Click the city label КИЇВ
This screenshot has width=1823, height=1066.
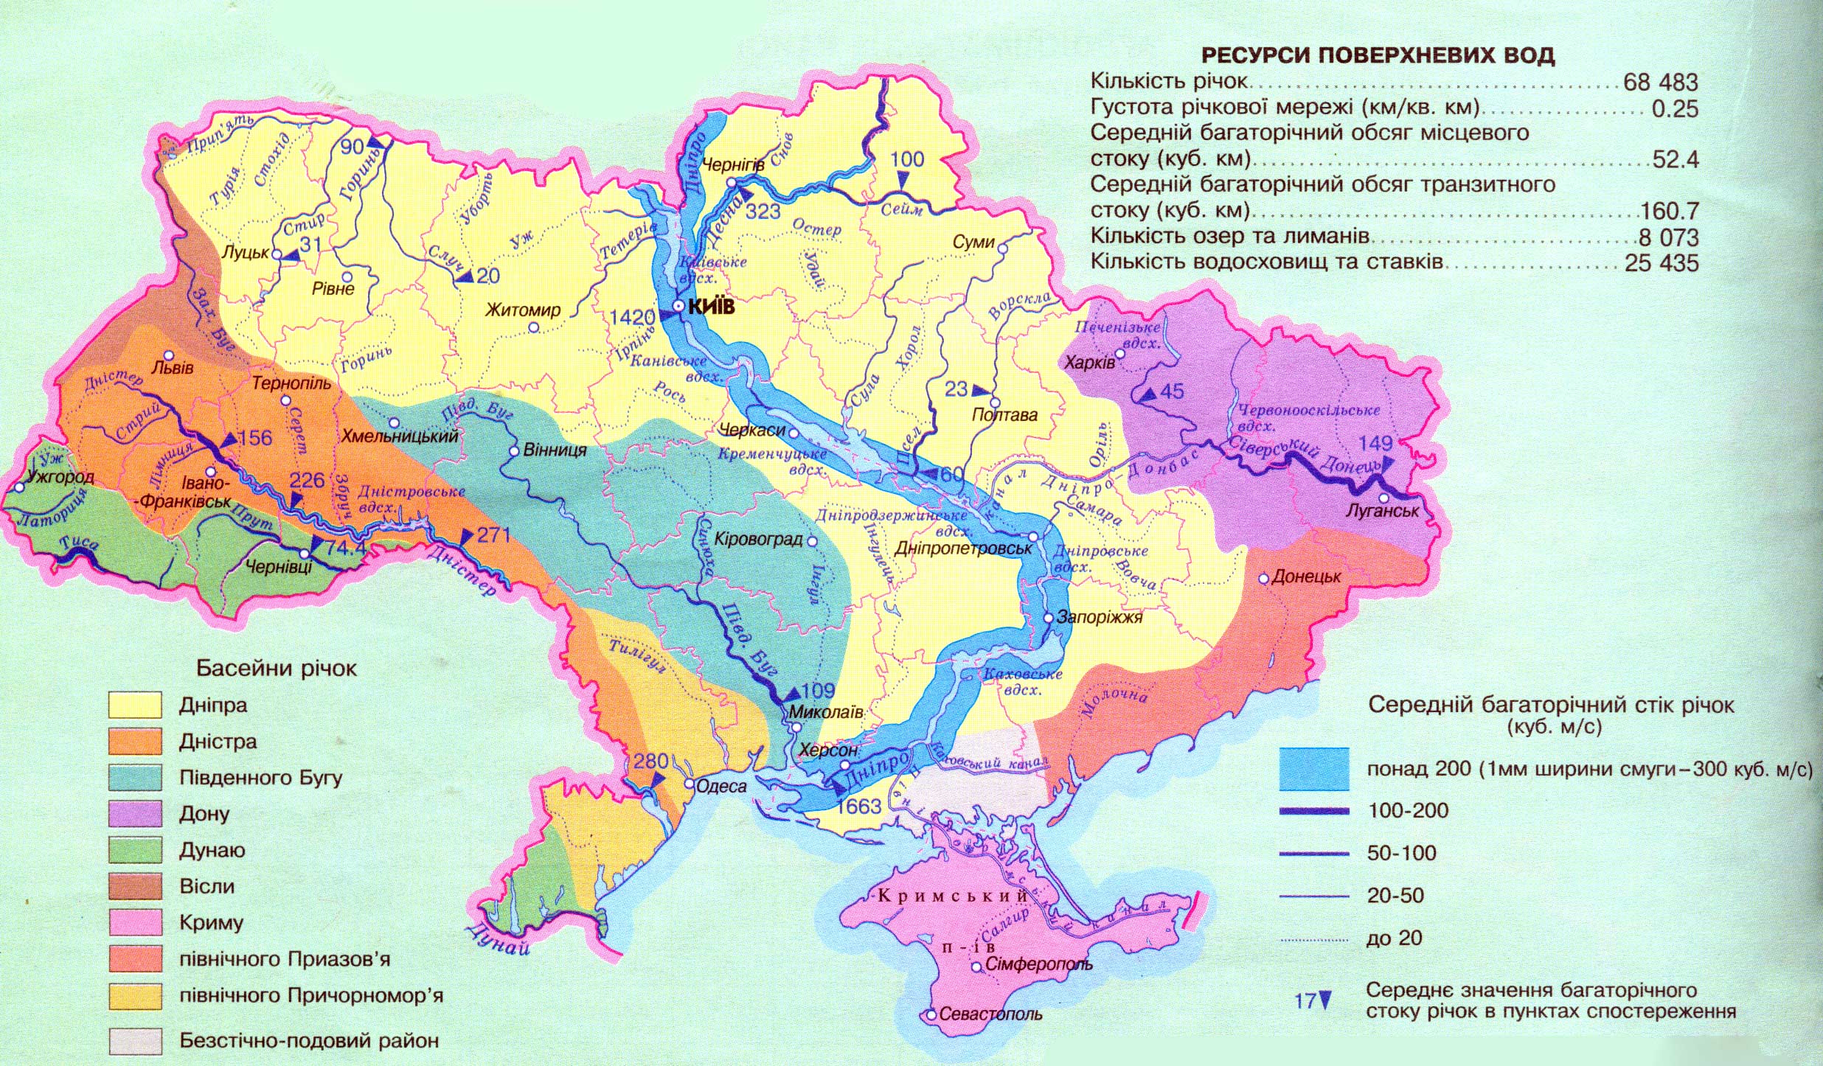click(x=711, y=306)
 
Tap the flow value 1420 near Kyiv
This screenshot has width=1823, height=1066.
click(x=632, y=317)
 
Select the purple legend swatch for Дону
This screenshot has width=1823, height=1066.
click(x=135, y=814)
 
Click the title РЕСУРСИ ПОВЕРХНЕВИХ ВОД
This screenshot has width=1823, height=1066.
click(x=1378, y=56)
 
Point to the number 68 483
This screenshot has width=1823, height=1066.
click(x=1661, y=82)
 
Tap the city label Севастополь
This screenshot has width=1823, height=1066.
click(x=990, y=1014)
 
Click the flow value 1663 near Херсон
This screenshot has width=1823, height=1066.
click(x=859, y=806)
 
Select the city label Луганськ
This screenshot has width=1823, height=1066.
click(x=1382, y=511)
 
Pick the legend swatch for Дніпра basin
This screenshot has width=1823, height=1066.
click(x=135, y=706)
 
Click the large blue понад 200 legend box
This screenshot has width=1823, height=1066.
click(x=1314, y=770)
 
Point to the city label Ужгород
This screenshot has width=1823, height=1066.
click(x=60, y=476)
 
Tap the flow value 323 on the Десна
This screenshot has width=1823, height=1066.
click(x=763, y=212)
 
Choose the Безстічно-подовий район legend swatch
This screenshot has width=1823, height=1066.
click(x=135, y=1041)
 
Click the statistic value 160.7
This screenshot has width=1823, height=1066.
click(x=1670, y=212)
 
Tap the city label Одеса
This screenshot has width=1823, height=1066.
click(x=721, y=786)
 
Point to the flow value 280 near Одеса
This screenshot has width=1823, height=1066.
click(x=650, y=761)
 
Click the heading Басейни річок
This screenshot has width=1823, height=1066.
click(x=276, y=669)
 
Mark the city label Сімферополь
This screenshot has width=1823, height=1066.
click(x=1038, y=964)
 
